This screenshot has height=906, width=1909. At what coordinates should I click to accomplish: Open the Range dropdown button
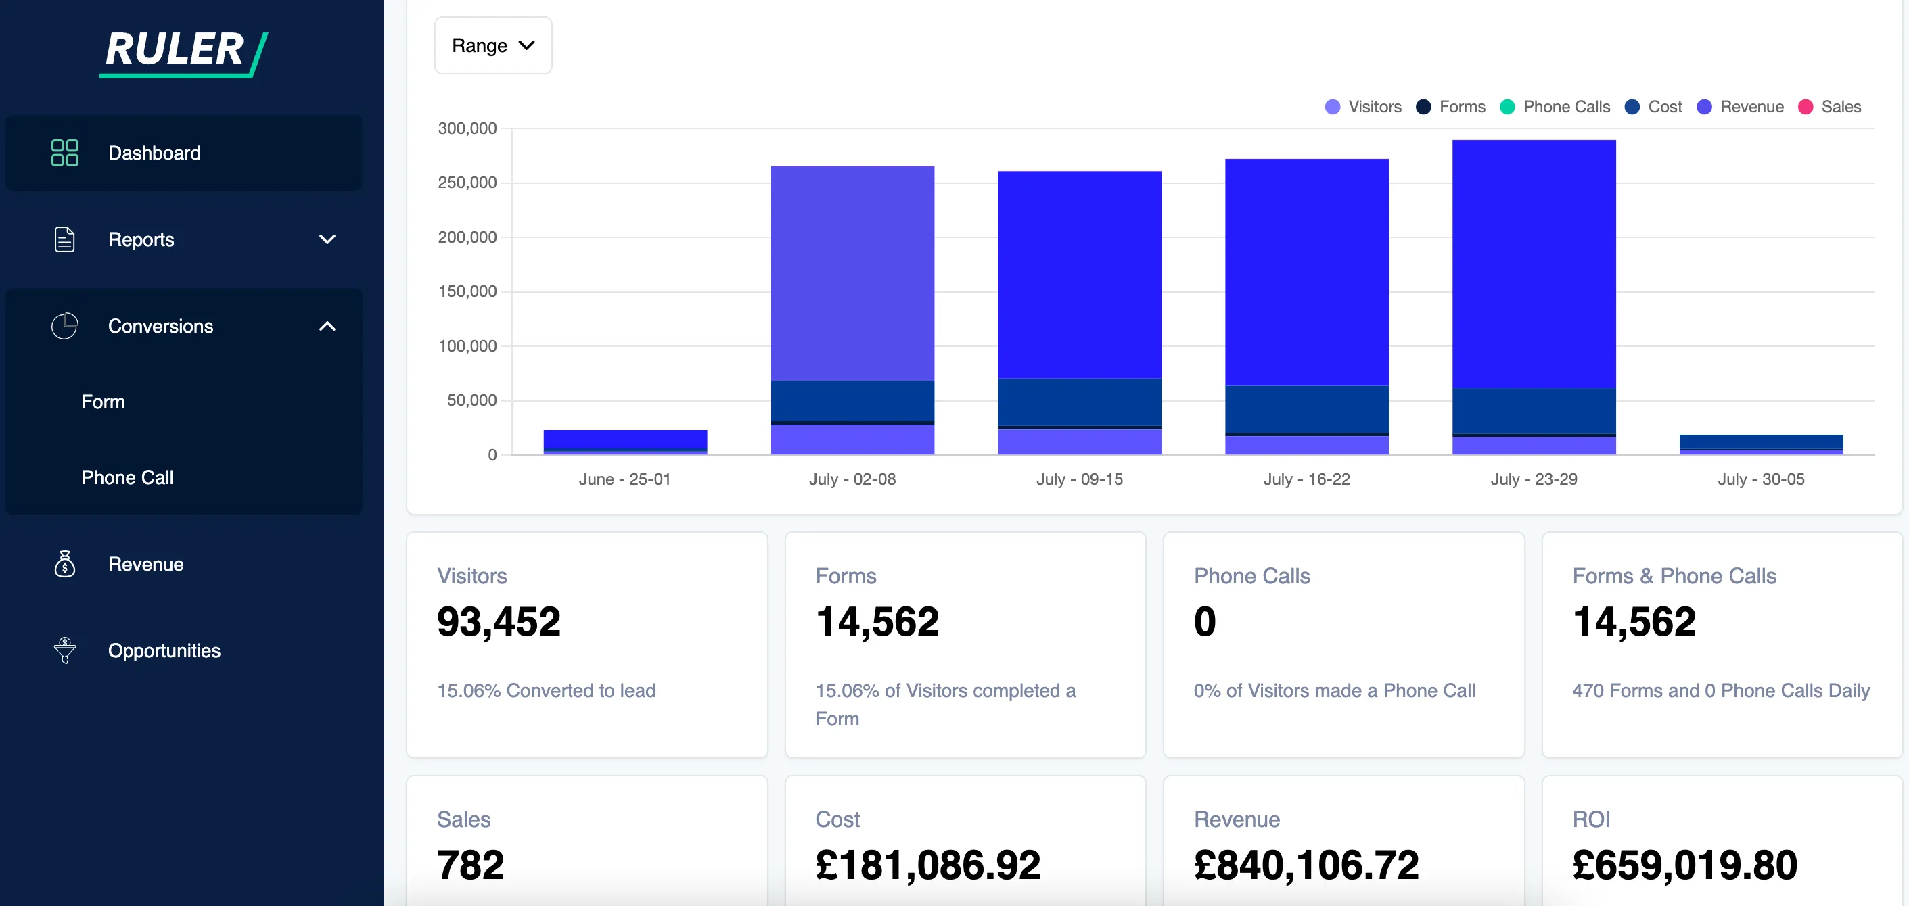(493, 45)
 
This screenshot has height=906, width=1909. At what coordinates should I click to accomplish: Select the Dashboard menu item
(154, 153)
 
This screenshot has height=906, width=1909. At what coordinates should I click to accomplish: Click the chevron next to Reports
(327, 239)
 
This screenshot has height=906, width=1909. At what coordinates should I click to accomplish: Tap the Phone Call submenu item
(127, 478)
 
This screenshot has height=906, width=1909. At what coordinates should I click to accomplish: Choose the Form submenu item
(103, 402)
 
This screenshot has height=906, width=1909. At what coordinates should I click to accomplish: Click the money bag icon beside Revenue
(65, 564)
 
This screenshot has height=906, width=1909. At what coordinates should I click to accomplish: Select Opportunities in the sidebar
(164, 650)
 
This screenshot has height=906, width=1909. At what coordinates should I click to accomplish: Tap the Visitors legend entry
(1363, 107)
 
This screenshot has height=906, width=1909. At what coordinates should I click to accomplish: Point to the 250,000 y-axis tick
(467, 183)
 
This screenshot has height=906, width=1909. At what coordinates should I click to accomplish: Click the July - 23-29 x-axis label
(1534, 479)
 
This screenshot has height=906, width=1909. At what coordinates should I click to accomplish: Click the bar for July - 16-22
(1306, 296)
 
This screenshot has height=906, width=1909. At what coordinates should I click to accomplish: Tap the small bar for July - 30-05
(1761, 443)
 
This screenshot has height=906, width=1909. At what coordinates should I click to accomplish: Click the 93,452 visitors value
(498, 621)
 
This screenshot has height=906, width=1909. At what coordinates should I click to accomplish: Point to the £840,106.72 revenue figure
(1306, 865)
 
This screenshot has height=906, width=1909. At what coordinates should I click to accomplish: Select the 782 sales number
(470, 865)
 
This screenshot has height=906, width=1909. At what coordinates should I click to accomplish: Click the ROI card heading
(1590, 819)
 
